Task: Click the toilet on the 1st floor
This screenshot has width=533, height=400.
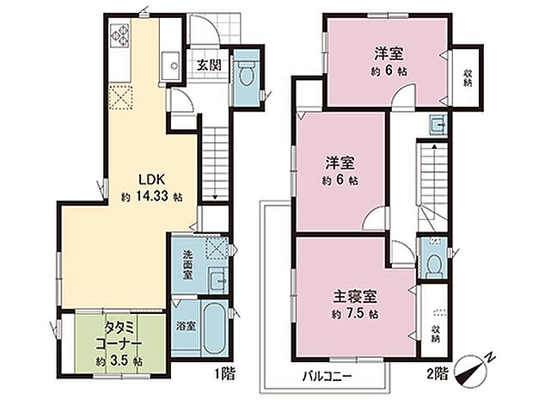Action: coord(246,75)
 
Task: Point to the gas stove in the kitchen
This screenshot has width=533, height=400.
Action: coord(119,35)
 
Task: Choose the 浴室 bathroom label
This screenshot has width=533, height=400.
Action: coord(186,326)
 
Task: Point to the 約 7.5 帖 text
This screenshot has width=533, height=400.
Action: coord(354,314)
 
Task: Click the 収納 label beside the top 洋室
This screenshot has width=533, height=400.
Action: coord(468,77)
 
